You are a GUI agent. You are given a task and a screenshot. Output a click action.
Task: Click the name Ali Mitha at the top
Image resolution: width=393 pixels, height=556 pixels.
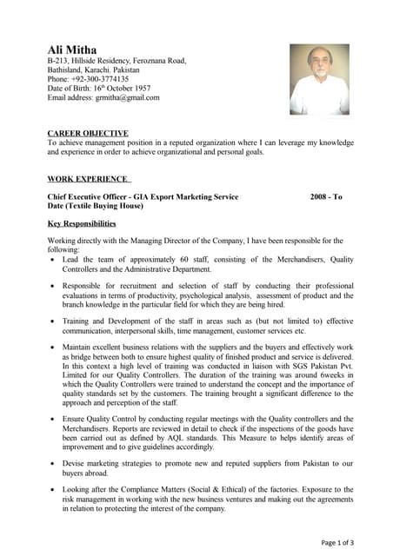tap(72, 50)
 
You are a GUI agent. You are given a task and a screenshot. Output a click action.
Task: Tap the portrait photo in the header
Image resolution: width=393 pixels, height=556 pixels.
tap(318, 79)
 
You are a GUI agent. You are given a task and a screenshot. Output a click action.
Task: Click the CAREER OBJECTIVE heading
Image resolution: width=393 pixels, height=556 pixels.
tap(88, 133)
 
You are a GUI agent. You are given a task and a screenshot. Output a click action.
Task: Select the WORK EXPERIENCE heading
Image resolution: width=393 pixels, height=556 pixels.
tap(88, 179)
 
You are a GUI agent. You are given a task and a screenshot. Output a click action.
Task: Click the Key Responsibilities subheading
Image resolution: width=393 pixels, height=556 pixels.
tap(82, 223)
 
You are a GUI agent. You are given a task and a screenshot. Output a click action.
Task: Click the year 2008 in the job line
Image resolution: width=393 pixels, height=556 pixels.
tap(319, 197)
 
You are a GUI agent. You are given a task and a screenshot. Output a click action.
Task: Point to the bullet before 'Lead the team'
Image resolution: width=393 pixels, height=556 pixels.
tap(54, 260)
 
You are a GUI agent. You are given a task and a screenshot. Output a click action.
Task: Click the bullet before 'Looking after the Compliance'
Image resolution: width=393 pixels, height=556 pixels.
tap(54, 489)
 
